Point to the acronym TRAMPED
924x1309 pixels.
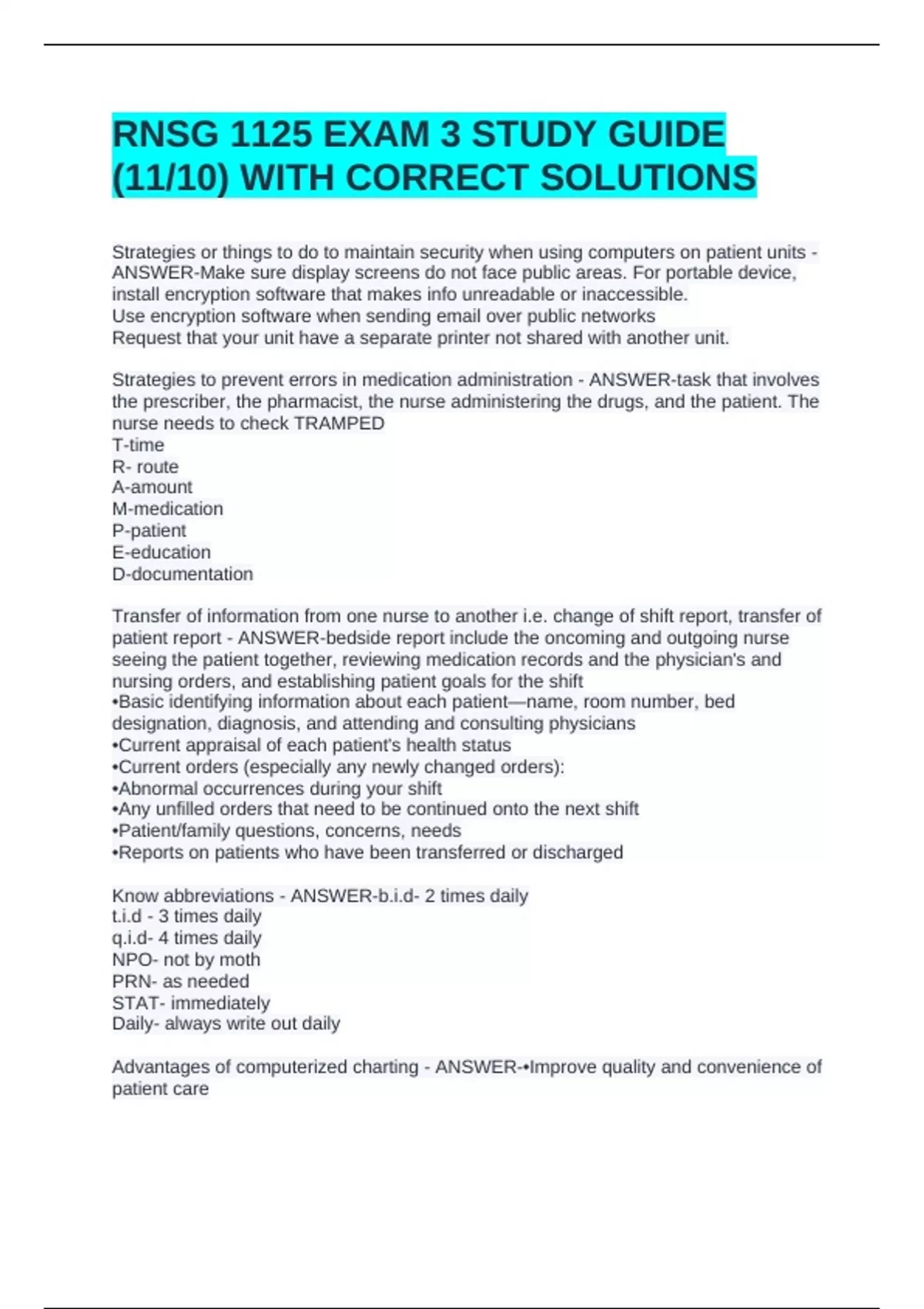pos(339,423)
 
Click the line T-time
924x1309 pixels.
pos(138,445)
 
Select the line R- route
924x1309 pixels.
pos(145,467)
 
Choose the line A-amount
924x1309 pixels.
pos(152,487)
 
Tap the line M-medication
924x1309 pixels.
pos(167,509)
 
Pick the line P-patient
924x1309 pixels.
pos(149,531)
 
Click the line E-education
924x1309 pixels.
pos(161,552)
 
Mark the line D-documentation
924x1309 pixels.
pos(182,574)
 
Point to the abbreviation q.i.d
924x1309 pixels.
pos(129,938)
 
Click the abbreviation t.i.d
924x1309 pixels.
pos(126,916)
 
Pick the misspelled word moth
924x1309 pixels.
pos(239,959)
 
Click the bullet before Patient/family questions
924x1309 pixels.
pos(115,832)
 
